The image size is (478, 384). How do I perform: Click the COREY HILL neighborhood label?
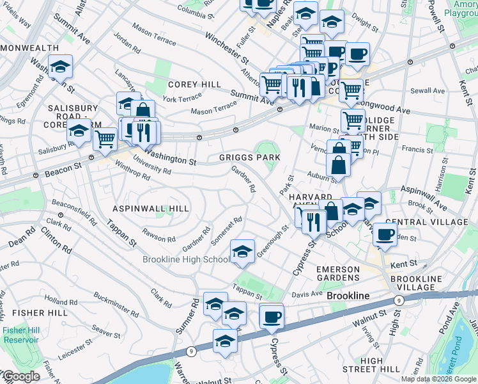tap(194, 84)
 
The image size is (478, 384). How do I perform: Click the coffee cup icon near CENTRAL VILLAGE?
tap(384, 235)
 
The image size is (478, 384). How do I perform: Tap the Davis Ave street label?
tap(307, 294)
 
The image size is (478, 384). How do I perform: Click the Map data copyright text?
tap(439, 379)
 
